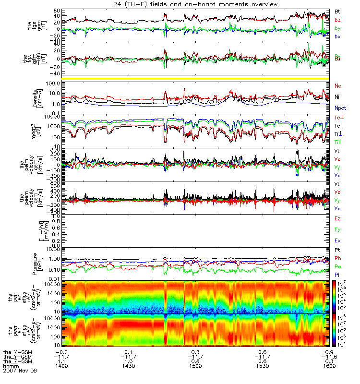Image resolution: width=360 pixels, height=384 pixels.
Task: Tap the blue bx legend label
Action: pos(338,36)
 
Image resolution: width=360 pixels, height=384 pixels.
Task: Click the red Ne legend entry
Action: pos(338,85)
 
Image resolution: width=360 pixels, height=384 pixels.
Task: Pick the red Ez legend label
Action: pos(338,218)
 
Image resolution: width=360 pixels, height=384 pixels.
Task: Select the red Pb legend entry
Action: pos(338,259)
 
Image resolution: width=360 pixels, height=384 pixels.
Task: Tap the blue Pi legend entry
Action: pos(337,274)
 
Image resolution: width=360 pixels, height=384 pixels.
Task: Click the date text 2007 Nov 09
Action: pos(19,371)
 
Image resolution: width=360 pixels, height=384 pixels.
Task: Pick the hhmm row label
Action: pos(10,366)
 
